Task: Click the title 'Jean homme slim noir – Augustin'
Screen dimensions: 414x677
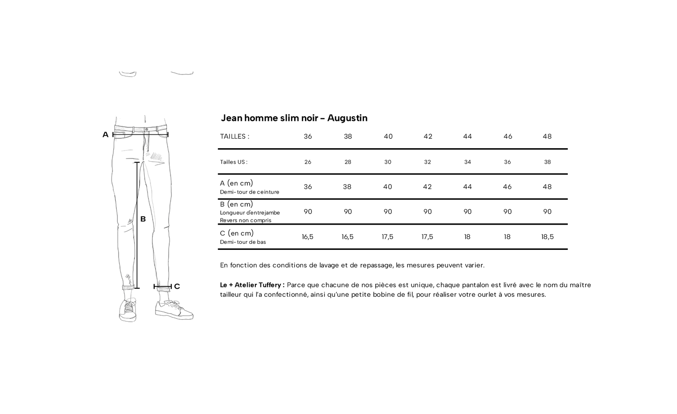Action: coord(294,118)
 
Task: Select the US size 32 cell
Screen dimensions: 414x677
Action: coord(427,162)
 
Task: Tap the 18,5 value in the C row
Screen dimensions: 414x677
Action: coord(547,237)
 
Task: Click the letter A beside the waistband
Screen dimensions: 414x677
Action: coord(105,135)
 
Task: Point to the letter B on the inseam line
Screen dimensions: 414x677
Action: coord(143,219)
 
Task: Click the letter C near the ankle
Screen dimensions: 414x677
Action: coord(177,286)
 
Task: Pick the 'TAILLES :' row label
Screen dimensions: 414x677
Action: coord(235,136)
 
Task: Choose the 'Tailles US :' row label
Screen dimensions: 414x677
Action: coord(233,162)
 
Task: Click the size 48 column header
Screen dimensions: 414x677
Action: coord(547,136)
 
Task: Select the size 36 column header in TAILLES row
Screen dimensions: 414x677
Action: coord(308,136)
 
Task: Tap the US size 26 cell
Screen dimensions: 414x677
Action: coord(308,162)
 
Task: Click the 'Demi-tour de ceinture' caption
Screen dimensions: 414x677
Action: coord(249,192)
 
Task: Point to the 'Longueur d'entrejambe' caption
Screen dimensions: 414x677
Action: coord(250,213)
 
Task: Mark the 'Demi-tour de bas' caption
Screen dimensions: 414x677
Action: coord(243,242)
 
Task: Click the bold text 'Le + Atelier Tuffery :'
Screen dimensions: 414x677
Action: coord(252,285)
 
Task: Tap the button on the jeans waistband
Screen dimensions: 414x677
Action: coord(147,129)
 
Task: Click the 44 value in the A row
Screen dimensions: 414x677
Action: coord(467,187)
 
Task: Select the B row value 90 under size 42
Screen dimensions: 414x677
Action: coord(427,212)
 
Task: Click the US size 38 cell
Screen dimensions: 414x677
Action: coord(547,162)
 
